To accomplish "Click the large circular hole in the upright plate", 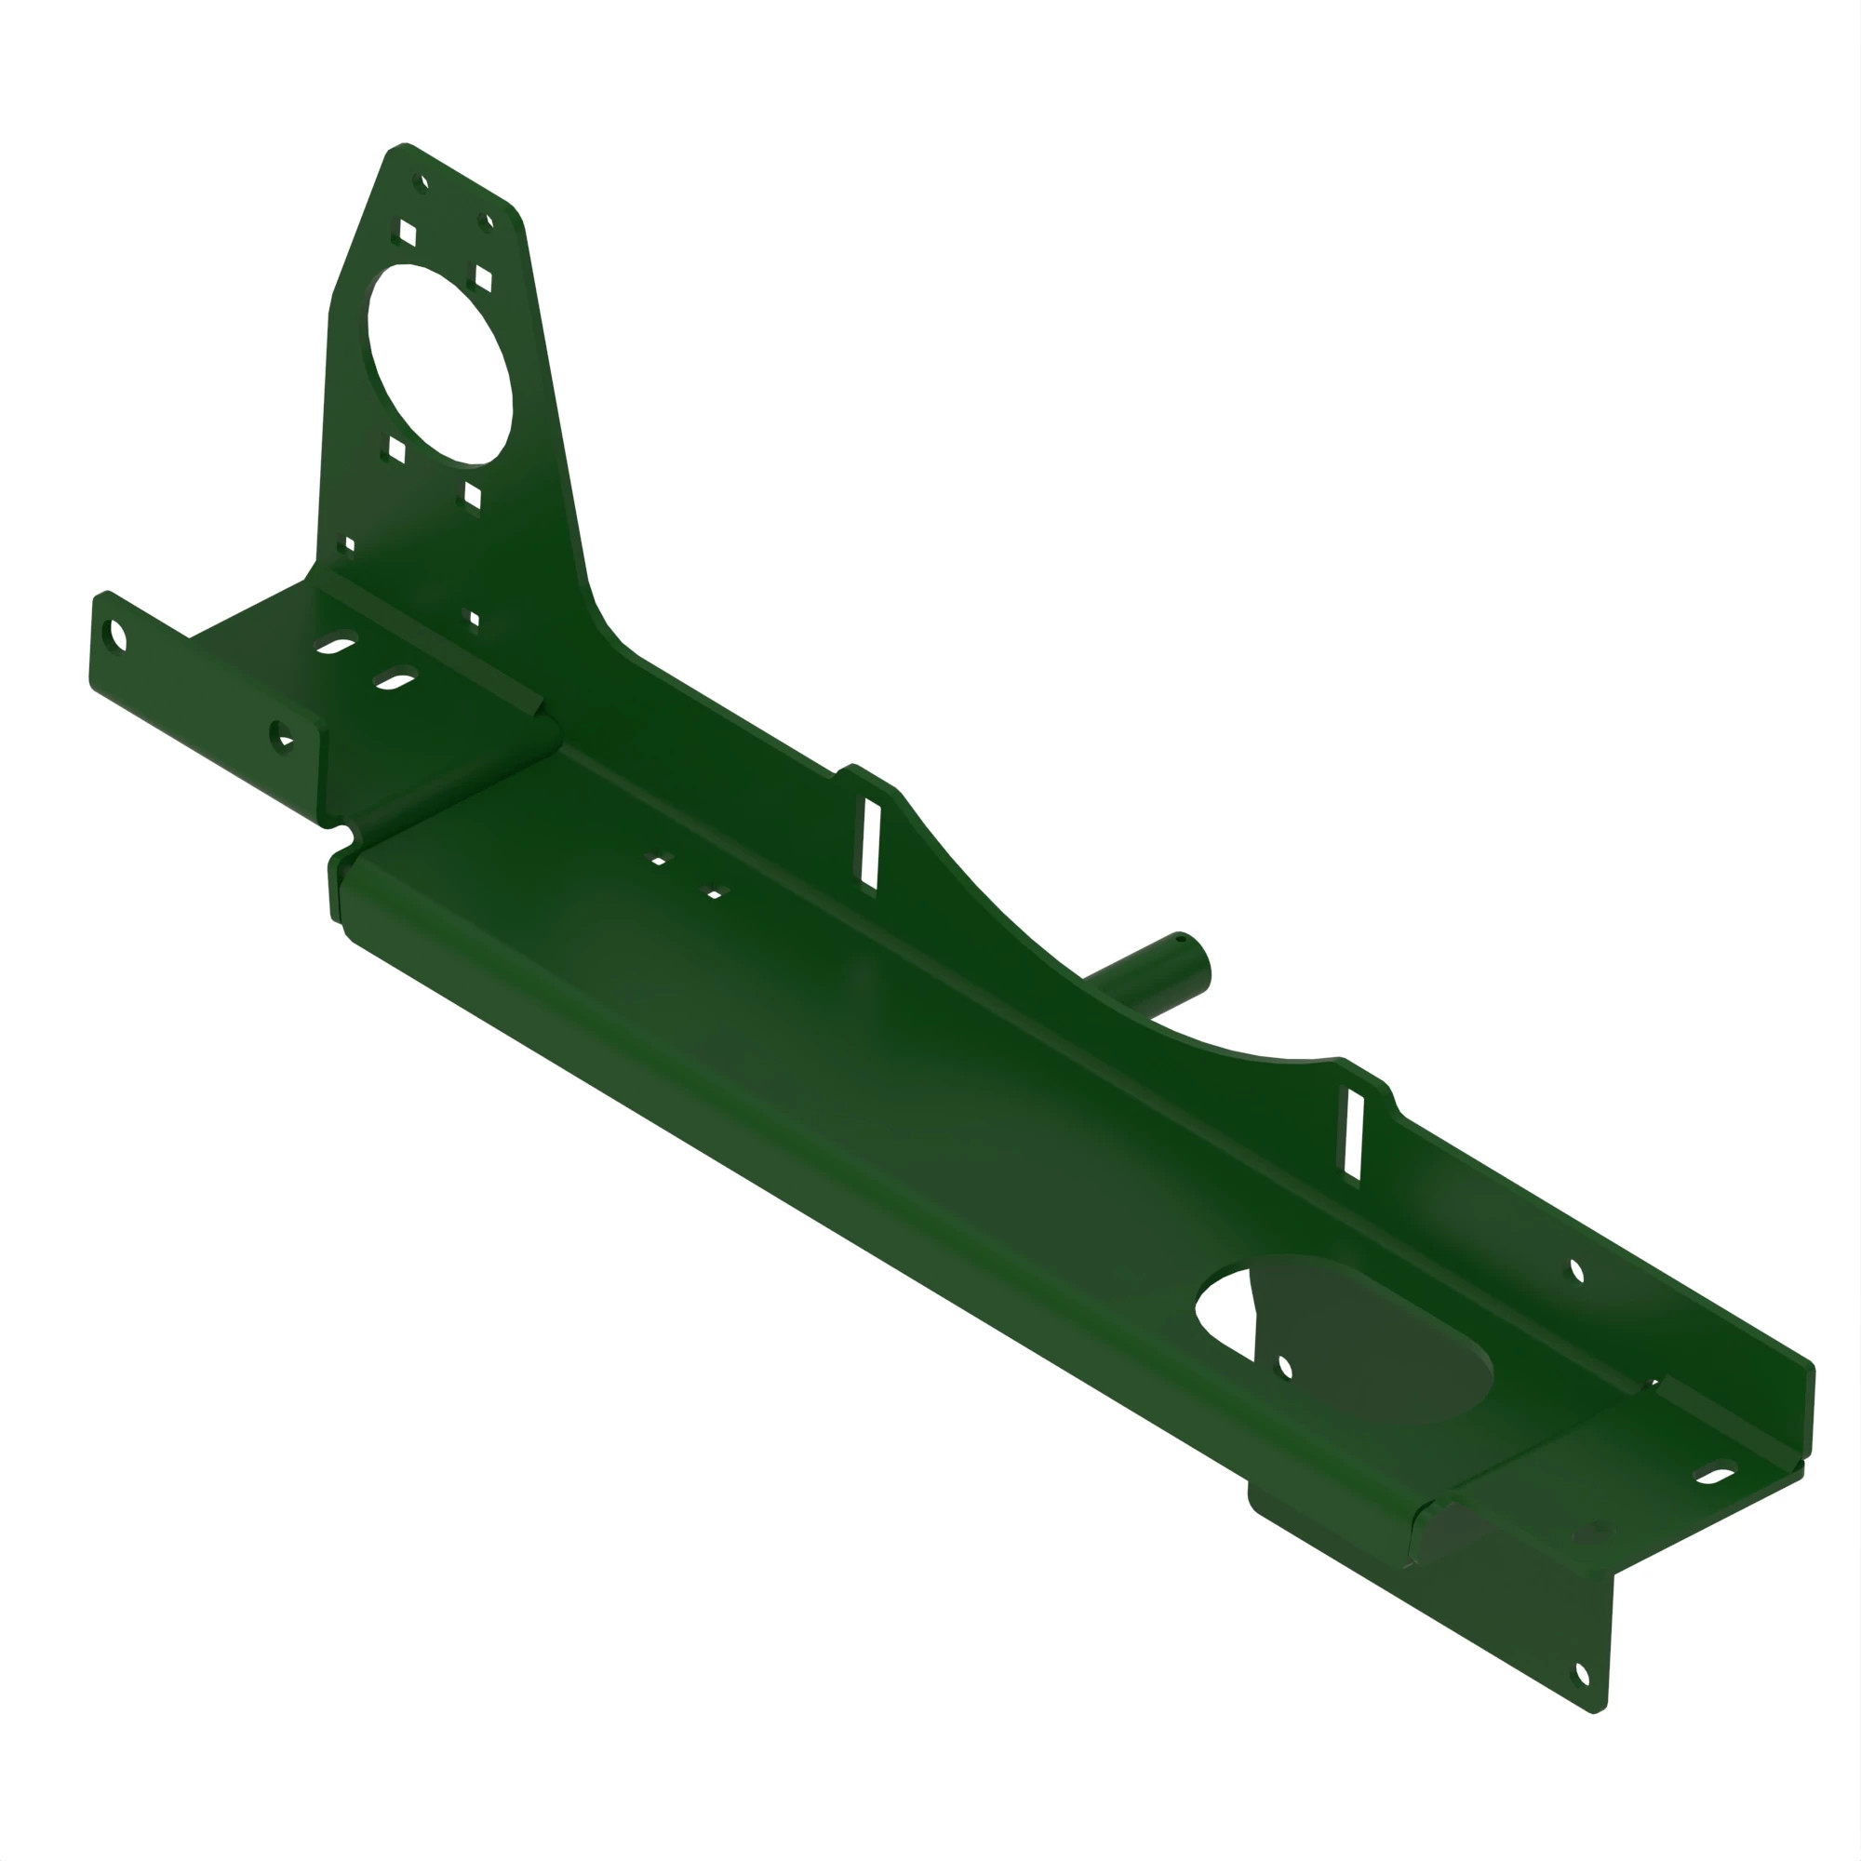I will pos(439,363).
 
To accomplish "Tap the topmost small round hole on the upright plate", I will pos(420,182).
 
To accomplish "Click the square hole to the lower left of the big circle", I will pos(395,449).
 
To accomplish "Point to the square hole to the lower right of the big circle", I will pos(472,497).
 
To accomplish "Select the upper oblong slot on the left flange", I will pos(335,644).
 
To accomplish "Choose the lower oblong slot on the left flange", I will pos(395,679).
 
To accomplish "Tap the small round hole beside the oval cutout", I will pos(1284,1367).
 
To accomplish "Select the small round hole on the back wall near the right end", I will pos(1577,1271).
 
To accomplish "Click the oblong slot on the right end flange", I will pos(1716,1473).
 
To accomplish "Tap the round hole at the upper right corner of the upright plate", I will pos(488,222).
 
